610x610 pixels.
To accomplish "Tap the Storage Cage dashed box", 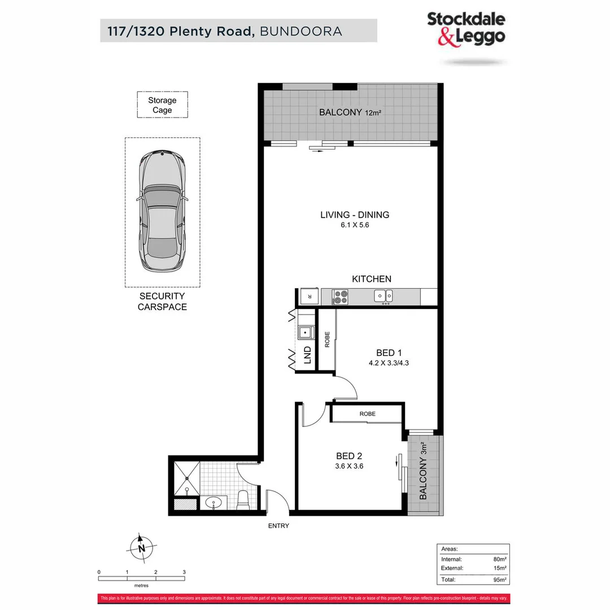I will point(162,105).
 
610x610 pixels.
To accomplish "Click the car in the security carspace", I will point(162,212).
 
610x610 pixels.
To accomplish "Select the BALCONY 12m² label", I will point(350,112).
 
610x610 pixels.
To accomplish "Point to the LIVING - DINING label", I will point(355,215).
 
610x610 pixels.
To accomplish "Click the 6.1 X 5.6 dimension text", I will point(355,225).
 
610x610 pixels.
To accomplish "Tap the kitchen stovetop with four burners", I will point(341,296).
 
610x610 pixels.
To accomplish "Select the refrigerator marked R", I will point(308,296).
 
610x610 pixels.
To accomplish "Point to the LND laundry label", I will point(307,355).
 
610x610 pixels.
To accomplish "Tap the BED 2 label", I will point(348,456).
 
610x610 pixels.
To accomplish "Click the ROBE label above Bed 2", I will point(367,414).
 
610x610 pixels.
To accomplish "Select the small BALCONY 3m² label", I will point(424,472).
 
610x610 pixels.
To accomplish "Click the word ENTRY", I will point(278,526).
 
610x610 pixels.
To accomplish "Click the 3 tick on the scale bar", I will point(184,572).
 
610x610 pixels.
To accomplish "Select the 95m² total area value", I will point(499,579).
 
